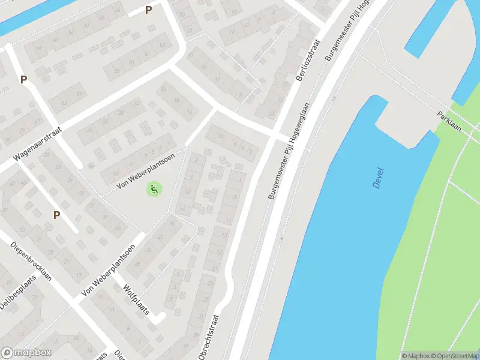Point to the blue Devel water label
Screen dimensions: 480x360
(x=378, y=178)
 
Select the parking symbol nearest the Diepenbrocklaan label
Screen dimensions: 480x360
(x=56, y=215)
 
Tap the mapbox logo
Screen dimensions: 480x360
(x=26, y=353)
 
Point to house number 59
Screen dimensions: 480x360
(x=79, y=94)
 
